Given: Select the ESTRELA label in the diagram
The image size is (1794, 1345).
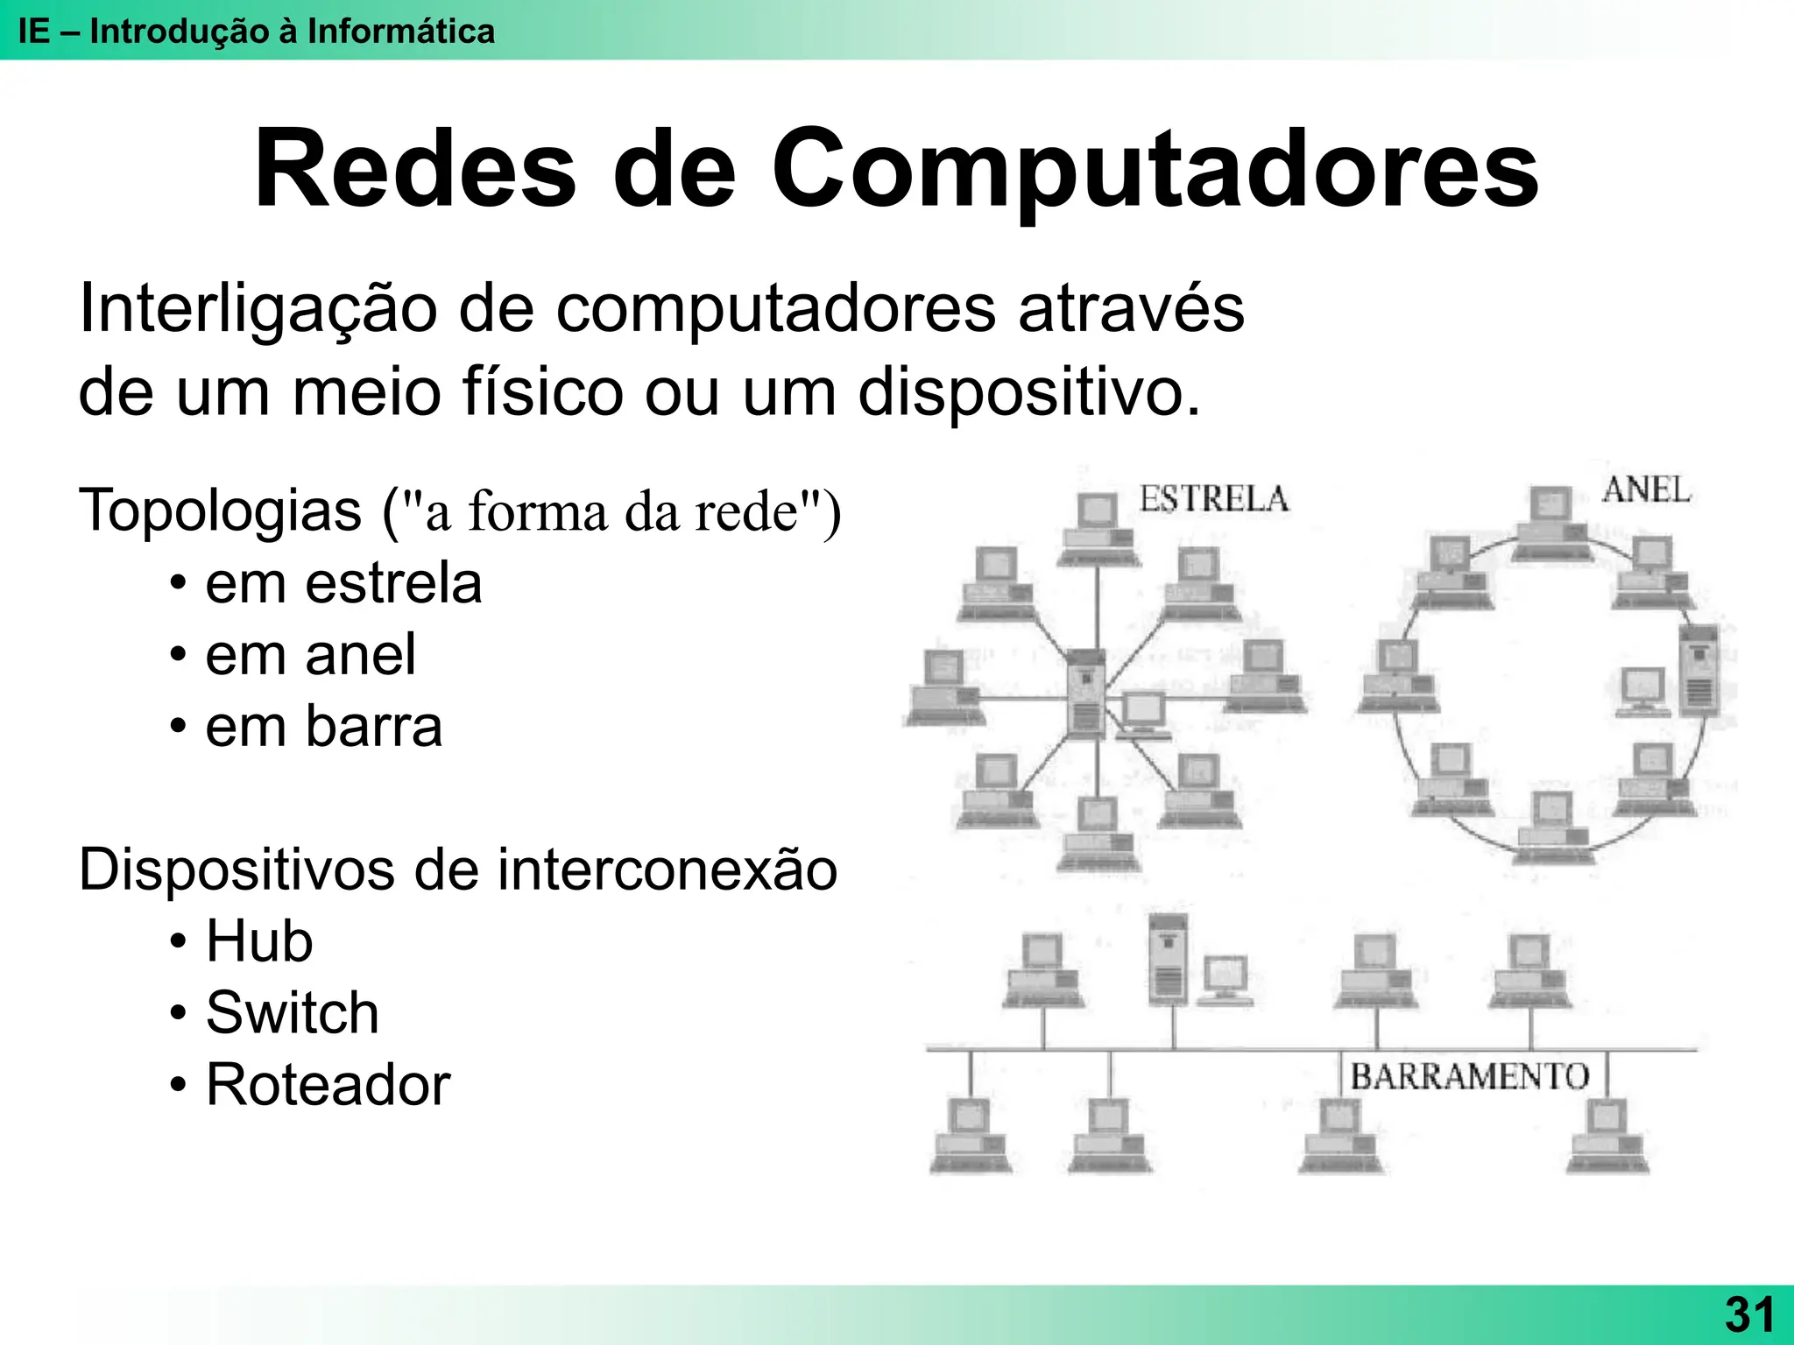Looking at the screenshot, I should point(1214,499).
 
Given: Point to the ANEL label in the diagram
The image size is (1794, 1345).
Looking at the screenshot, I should point(1646,490).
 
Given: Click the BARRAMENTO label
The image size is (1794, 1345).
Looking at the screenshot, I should point(1469,1076).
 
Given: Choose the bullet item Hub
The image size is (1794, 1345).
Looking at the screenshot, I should point(259,941).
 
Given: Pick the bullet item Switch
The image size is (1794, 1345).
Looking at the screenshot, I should point(292,1013).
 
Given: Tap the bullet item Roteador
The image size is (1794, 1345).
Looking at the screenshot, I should point(328,1085).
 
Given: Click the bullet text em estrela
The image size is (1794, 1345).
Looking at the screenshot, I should point(343,583).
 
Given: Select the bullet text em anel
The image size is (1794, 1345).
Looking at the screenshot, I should point(310,655).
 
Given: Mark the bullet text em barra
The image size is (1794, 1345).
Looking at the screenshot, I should point(323,727).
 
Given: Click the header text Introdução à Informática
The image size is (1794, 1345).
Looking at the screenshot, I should point(292,32).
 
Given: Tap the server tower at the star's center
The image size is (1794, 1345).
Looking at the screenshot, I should point(1087,692).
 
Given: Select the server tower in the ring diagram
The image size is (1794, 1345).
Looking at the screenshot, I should point(1699,669).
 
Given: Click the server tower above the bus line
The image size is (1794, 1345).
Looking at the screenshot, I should point(1168,959).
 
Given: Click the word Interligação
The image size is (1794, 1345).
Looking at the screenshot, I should point(258,308).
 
